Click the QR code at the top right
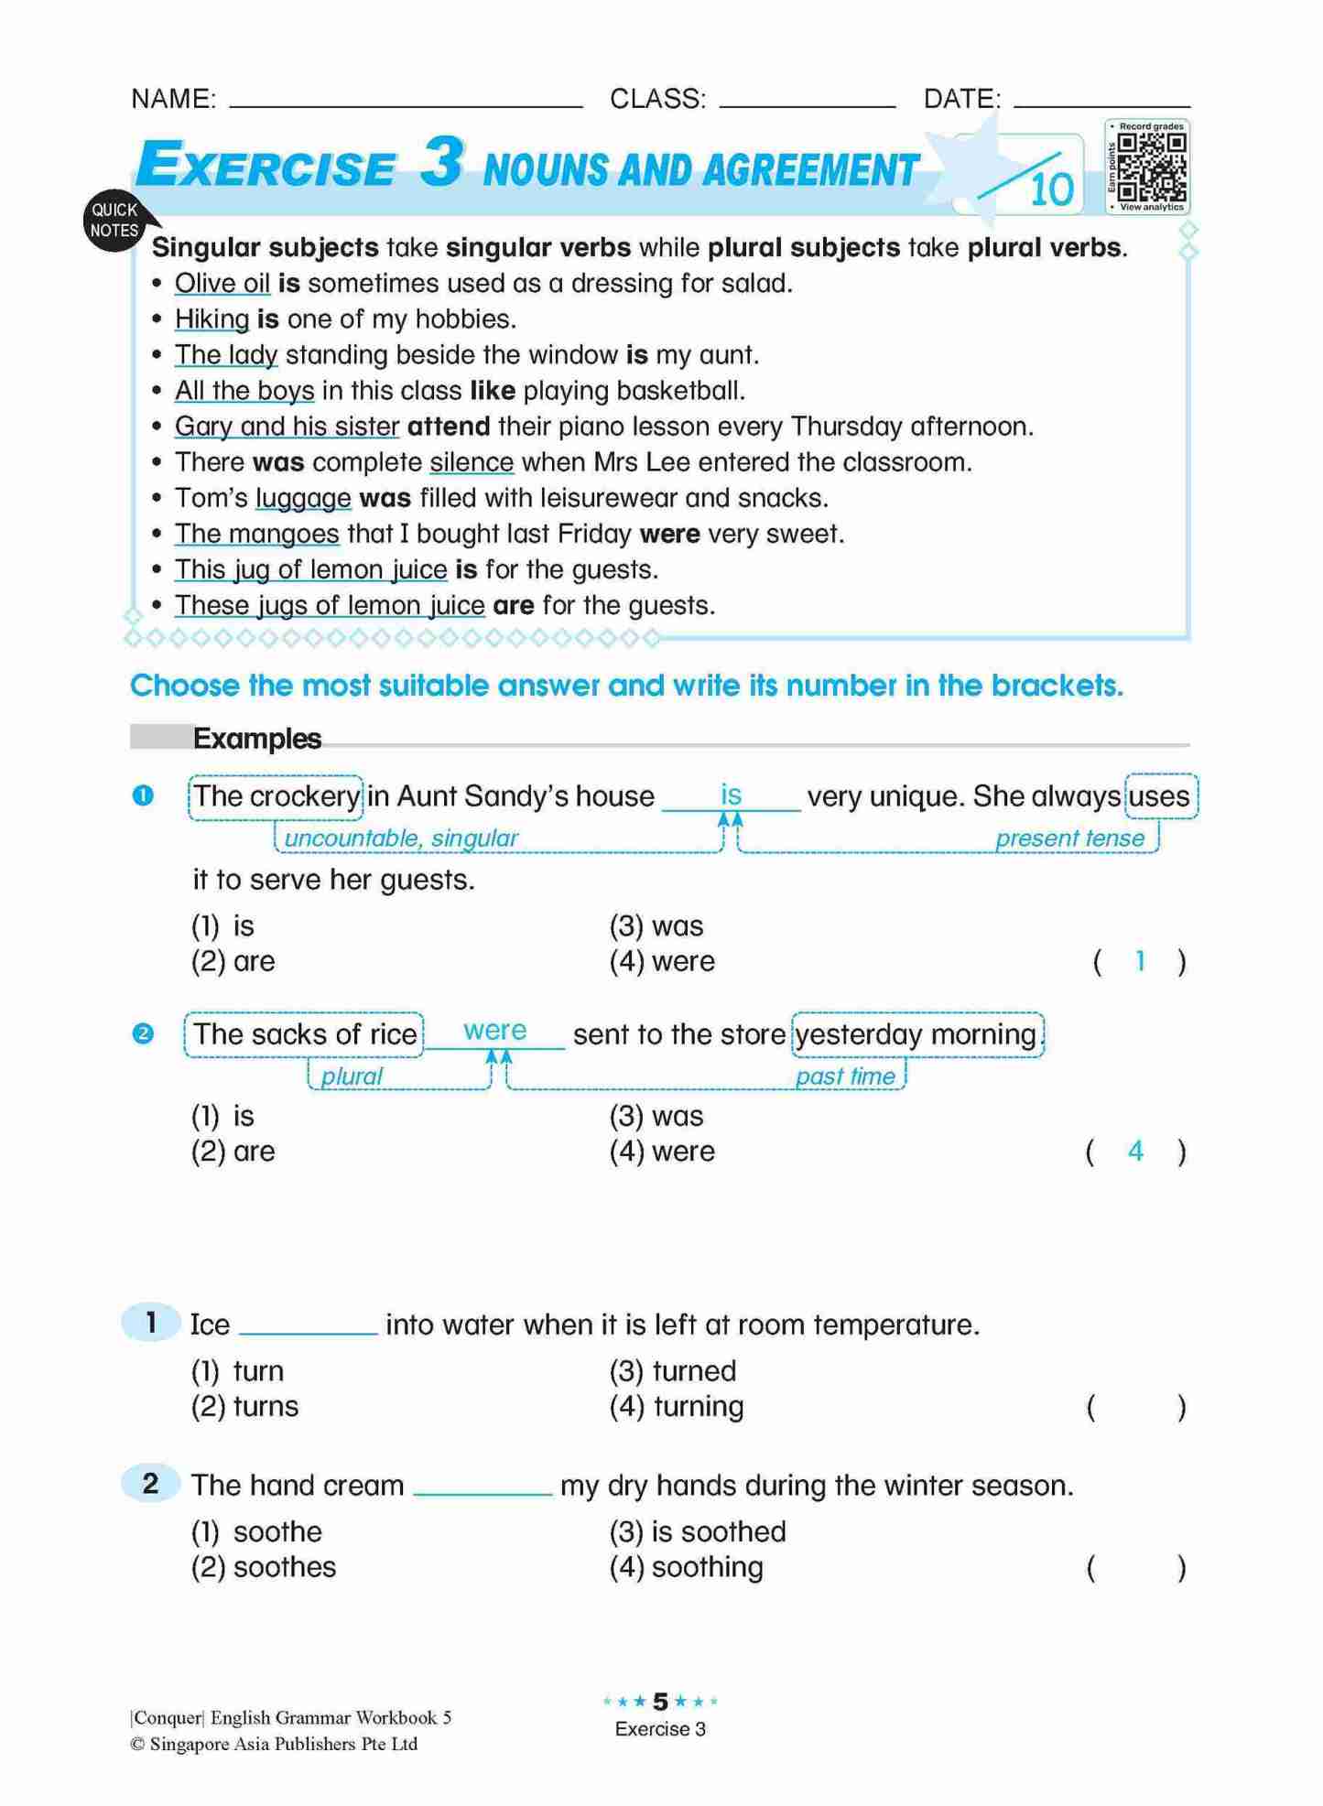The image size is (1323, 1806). coord(1152,167)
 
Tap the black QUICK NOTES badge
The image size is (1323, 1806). coord(114,221)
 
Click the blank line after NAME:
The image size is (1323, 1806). coord(406,101)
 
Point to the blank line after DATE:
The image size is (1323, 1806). coord(1102,101)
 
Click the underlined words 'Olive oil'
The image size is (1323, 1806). coord(222,284)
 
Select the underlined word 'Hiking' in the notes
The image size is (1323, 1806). coord(211,319)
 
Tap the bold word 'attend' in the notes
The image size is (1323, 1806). coord(449,427)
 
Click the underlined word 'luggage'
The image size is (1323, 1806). coord(303,498)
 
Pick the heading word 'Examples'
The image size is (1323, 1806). coord(257,739)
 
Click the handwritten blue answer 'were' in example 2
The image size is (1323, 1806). coord(494,1031)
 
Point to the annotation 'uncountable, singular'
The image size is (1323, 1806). coord(401,838)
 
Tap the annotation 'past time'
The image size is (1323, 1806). coord(845,1076)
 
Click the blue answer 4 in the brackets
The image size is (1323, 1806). coord(1135,1152)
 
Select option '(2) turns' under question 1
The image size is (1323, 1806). coord(245,1407)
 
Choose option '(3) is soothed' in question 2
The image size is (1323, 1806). coord(698,1532)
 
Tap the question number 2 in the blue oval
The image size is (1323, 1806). coord(151,1484)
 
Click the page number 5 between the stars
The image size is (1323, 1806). coord(660,1702)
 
